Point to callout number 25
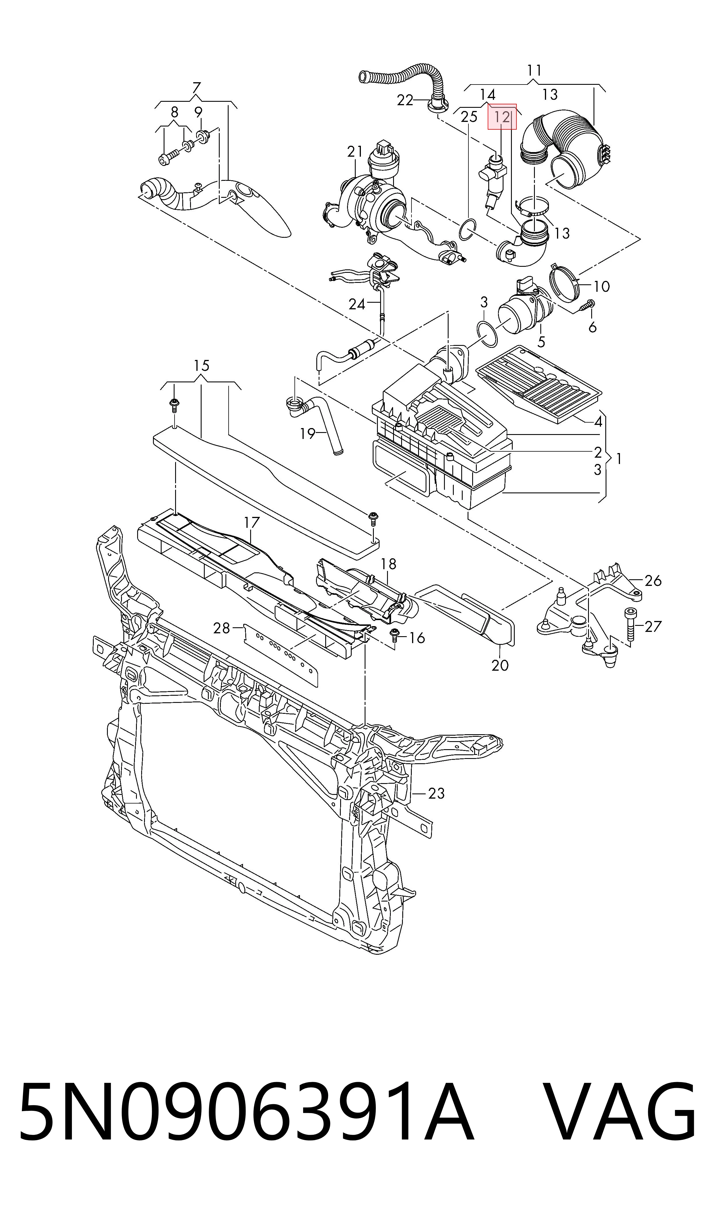pyautogui.click(x=469, y=117)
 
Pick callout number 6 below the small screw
pyautogui.click(x=592, y=327)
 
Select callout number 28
pyautogui.click(x=222, y=628)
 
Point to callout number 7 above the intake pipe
pyautogui.click(x=196, y=89)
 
